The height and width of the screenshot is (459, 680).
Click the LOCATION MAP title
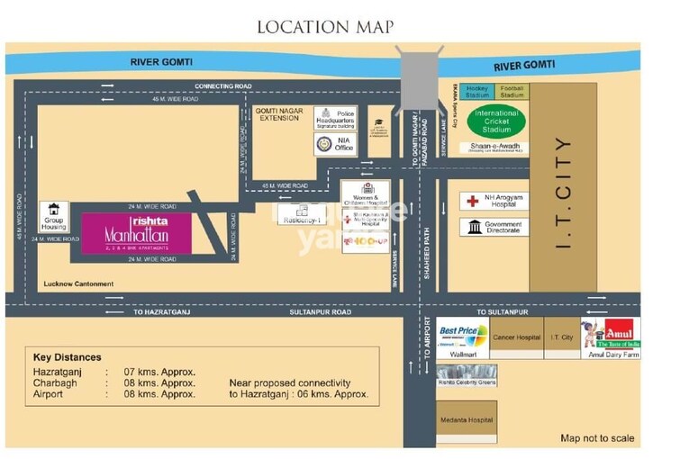pyautogui.click(x=325, y=26)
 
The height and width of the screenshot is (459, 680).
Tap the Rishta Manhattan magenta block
pyautogui.click(x=136, y=233)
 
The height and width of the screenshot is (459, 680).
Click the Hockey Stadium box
pyautogui.click(x=477, y=91)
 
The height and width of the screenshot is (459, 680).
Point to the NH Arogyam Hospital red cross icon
pyautogui.click(x=472, y=201)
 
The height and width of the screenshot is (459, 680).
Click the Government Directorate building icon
pyautogui.click(x=473, y=227)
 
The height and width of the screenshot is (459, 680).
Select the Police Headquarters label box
pyautogui.click(x=335, y=118)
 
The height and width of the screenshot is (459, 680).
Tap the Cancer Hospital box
pyautogui.click(x=516, y=337)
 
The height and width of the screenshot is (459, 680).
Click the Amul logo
pyautogui.click(x=618, y=330)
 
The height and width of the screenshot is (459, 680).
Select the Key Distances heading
pyautogui.click(x=67, y=357)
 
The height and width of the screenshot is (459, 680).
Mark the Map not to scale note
pyautogui.click(x=597, y=438)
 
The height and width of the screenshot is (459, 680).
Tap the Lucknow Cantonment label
pyautogui.click(x=78, y=284)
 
